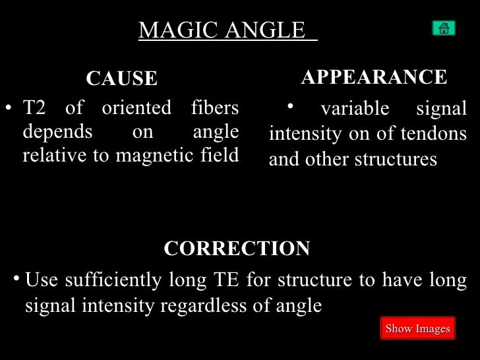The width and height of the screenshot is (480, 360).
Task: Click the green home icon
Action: tap(444, 28)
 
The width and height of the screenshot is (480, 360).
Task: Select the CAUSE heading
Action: tap(122, 79)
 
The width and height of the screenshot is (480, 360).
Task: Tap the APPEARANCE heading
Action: tap(374, 77)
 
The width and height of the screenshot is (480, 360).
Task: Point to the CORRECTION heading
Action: tap(237, 249)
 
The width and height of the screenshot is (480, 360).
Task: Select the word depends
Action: tap(57, 132)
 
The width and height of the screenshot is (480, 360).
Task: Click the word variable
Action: tap(355, 109)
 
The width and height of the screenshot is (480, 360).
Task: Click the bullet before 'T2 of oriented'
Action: tap(9, 107)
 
